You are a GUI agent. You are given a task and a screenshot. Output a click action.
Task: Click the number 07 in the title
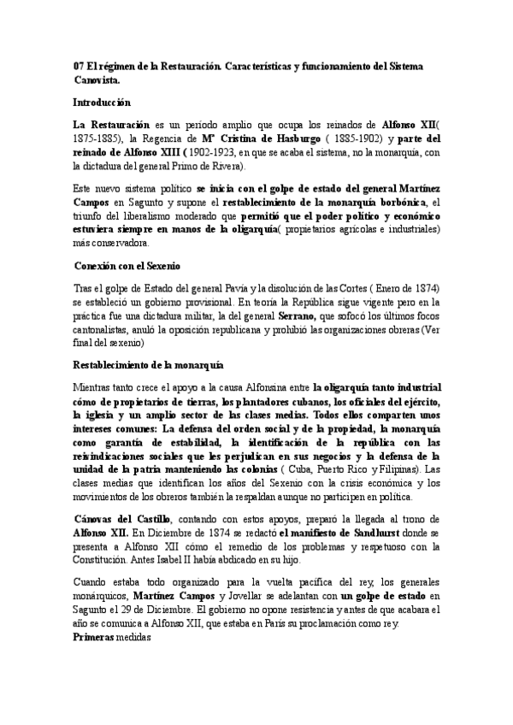pyautogui.click(x=80, y=66)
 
